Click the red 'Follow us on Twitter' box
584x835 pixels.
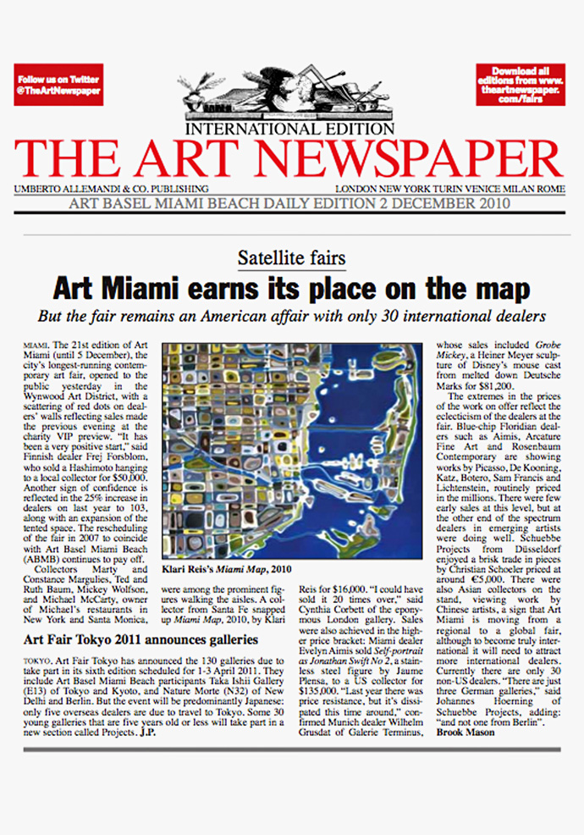58,84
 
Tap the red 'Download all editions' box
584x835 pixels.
520,84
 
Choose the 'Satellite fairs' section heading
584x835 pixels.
291,257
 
